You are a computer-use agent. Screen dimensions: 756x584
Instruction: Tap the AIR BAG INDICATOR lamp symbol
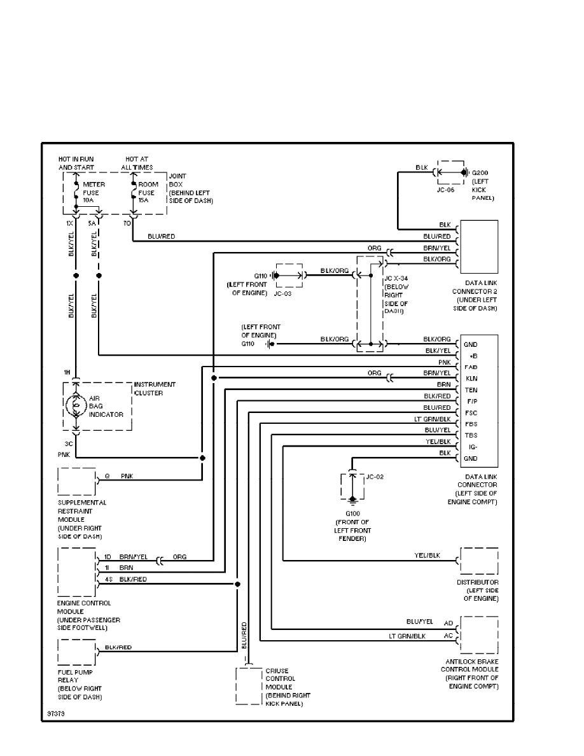(76, 405)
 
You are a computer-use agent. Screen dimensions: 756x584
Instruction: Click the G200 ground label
(479, 172)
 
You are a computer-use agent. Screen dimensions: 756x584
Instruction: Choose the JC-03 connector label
(282, 295)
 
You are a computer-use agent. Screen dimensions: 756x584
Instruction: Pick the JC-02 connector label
(375, 477)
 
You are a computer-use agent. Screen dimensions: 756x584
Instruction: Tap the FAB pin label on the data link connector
(471, 367)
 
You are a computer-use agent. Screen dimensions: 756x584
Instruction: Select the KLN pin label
(471, 379)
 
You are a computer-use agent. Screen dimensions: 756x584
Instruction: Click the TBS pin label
(471, 436)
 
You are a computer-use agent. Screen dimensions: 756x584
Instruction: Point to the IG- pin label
(473, 447)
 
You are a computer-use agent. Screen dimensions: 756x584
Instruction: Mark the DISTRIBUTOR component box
(479, 561)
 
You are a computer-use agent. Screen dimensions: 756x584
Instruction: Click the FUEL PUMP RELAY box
(76, 652)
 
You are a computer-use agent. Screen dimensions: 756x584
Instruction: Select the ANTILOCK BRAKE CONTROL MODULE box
(479, 634)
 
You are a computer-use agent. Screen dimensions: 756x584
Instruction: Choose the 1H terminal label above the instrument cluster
(66, 373)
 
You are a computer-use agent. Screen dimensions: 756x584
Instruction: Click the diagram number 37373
(55, 714)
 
